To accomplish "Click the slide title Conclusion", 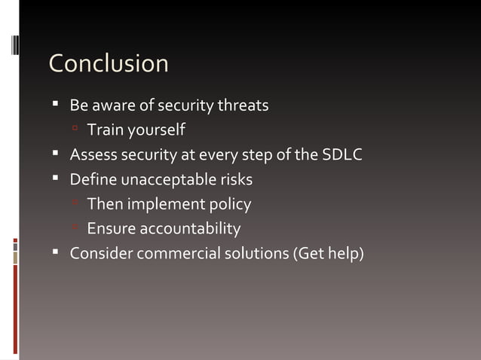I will [x=109, y=63].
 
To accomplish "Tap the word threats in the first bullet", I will [x=243, y=105].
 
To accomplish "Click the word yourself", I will [x=156, y=130].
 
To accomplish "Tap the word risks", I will [x=234, y=180].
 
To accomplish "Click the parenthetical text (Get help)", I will [x=328, y=253].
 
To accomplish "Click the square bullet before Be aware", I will [x=56, y=105].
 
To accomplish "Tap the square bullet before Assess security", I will [x=56, y=154].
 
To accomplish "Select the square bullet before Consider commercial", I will [x=56, y=252].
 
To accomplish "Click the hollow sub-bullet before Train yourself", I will [x=76, y=130].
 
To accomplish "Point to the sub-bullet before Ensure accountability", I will [x=76, y=227].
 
